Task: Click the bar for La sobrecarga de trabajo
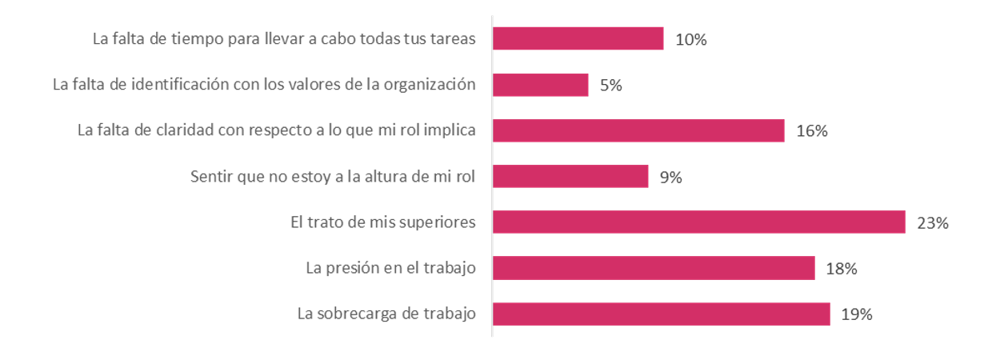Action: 661,314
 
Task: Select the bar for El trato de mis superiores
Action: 698,222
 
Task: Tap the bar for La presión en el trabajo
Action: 654,269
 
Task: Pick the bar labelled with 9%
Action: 570,177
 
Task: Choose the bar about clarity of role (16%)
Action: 638,130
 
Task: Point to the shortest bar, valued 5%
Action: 540,85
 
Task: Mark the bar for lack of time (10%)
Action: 578,39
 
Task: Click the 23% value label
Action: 933,223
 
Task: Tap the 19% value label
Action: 856,315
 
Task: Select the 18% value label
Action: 842,270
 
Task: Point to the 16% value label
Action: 811,131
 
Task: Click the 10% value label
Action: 691,40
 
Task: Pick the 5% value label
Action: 611,86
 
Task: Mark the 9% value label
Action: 670,178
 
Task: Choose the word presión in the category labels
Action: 354,269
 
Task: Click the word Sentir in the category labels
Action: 212,177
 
